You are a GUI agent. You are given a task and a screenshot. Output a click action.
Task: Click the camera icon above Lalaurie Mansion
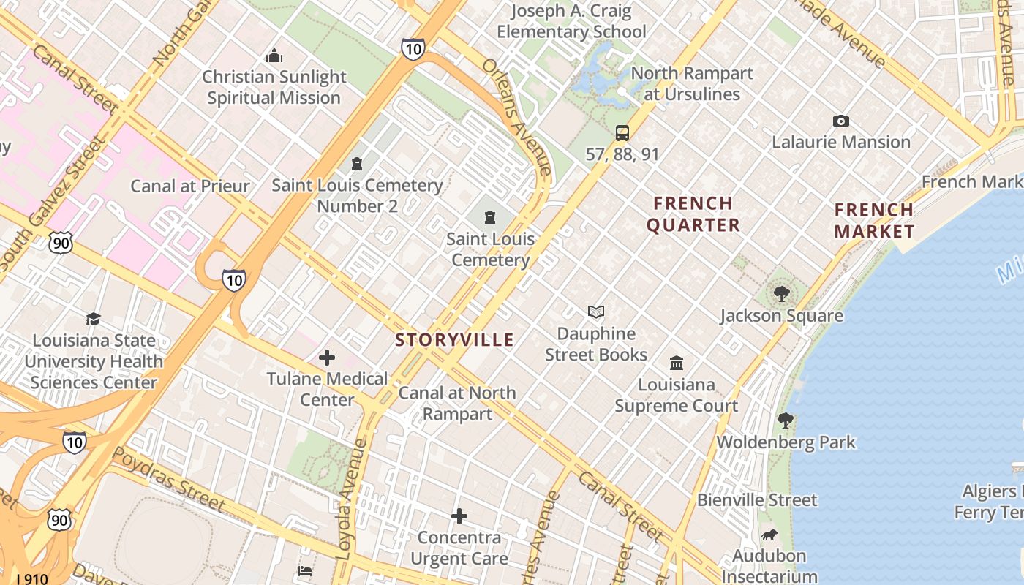click(841, 121)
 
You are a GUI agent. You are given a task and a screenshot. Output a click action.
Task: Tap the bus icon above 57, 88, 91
click(622, 132)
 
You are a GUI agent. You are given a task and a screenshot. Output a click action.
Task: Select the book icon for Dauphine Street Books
click(596, 312)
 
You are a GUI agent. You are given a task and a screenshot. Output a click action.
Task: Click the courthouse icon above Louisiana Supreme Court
click(677, 363)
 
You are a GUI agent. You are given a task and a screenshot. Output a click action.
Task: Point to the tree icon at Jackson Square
click(782, 294)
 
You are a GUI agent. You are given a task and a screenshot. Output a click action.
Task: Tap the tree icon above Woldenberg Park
click(786, 420)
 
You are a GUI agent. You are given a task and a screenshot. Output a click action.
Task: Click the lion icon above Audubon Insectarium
click(769, 535)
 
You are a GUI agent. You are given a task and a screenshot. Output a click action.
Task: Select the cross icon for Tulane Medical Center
click(327, 358)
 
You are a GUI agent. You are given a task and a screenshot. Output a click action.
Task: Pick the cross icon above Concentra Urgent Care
click(459, 516)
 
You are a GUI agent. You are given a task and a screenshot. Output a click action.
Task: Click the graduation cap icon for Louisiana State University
click(93, 319)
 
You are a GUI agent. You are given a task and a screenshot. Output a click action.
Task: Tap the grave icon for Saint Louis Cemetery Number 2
click(357, 163)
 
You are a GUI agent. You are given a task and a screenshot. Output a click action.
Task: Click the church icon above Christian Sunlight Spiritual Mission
click(274, 56)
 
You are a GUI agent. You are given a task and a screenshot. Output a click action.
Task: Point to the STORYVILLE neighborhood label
click(454, 339)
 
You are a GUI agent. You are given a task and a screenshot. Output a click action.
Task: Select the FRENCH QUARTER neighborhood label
click(693, 214)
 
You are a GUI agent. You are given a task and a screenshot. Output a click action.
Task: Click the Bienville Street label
click(757, 500)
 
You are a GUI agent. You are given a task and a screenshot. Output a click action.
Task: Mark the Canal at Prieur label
click(190, 186)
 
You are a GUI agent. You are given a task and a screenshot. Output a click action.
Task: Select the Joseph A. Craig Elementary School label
click(571, 21)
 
